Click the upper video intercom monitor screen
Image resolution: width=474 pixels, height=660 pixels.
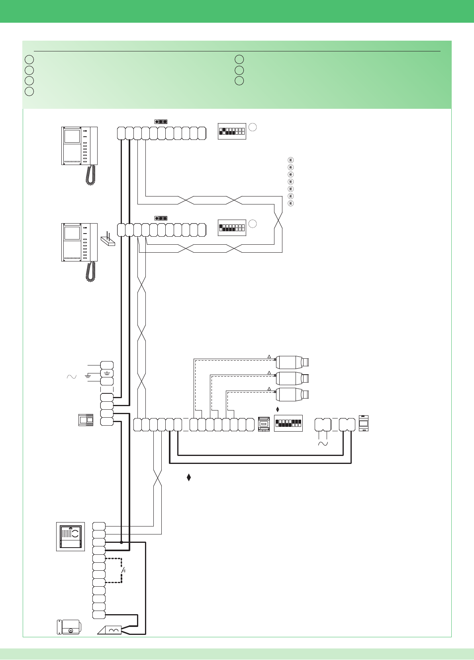click(72, 136)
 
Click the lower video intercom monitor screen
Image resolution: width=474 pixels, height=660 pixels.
click(72, 233)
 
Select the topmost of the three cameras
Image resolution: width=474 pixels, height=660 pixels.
click(292, 362)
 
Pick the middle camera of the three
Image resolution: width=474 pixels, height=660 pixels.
click(292, 378)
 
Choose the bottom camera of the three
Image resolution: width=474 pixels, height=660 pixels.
click(292, 395)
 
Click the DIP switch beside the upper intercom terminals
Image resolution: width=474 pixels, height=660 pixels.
click(232, 131)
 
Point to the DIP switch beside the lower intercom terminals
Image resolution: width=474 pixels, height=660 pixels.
click(232, 228)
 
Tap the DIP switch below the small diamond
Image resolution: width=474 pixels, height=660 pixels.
click(288, 423)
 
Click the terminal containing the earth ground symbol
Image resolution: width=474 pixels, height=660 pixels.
click(107, 373)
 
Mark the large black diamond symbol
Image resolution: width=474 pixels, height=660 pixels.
click(189, 477)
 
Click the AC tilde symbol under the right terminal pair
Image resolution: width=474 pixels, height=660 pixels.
click(323, 444)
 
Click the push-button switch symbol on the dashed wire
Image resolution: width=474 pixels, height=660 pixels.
click(123, 571)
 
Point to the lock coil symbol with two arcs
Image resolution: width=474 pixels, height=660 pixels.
click(115, 630)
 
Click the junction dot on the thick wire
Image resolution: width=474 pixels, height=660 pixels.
click(121, 542)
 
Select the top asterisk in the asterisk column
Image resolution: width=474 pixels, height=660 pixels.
click(290, 160)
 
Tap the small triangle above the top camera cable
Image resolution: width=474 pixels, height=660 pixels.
click(269, 356)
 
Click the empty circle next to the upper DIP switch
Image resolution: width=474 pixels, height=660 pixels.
click(253, 127)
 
